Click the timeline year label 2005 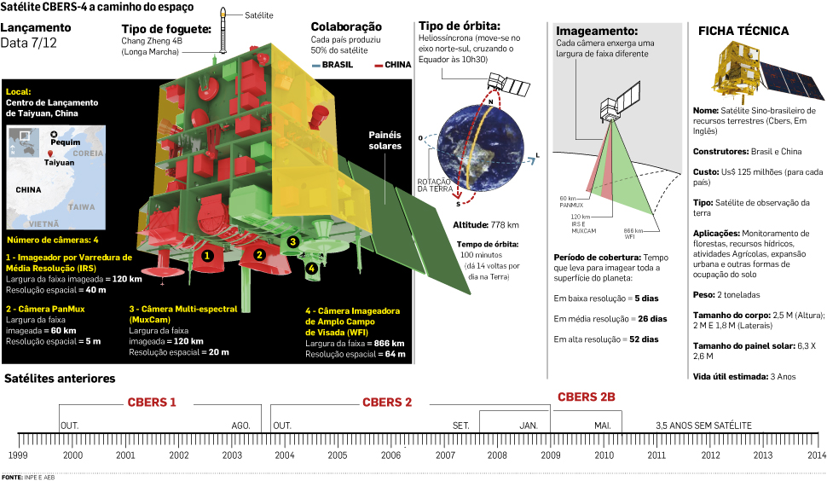[338, 455]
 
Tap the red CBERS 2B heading [587, 397]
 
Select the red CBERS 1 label [152, 403]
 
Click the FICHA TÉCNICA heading [743, 31]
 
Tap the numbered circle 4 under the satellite [311, 268]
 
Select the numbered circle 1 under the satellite [205, 254]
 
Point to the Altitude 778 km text [487, 225]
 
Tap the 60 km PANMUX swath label [570, 202]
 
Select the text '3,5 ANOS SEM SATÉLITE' [703, 424]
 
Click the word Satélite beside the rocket [259, 15]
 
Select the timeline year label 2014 [815, 455]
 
